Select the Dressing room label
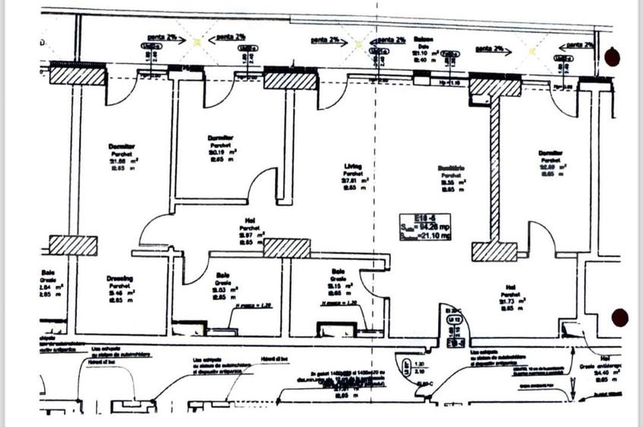[120, 278]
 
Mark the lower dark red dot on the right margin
[620, 317]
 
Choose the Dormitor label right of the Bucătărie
[550, 152]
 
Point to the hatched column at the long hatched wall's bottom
[494, 252]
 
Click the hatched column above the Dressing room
[74, 245]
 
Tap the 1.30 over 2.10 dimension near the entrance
[419, 369]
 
